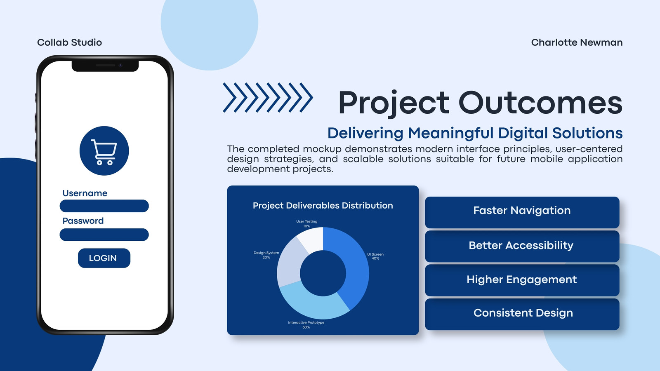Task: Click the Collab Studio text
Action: tap(70, 42)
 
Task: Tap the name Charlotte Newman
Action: tap(577, 42)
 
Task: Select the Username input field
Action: tap(104, 206)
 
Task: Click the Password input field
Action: tap(104, 235)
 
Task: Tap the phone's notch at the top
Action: tap(105, 66)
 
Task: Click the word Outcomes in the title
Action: tap(540, 103)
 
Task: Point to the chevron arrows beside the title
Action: tap(268, 97)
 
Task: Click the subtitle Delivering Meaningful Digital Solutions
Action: tap(475, 133)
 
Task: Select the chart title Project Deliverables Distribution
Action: tap(323, 206)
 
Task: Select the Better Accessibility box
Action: tap(522, 246)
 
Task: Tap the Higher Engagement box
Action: tap(522, 280)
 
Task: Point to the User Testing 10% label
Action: tap(307, 224)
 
